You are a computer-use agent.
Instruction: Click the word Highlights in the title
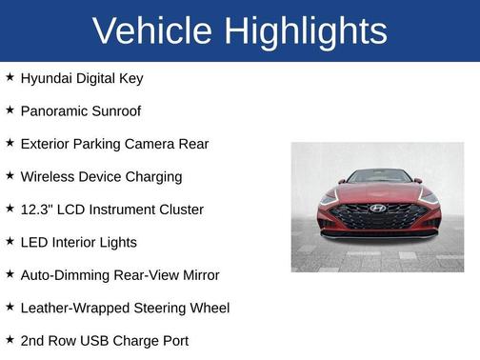click(x=308, y=31)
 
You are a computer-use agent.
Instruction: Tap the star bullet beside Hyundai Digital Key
click(x=10, y=77)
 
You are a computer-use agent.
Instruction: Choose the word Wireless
click(x=48, y=176)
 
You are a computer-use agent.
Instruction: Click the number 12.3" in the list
click(x=36, y=209)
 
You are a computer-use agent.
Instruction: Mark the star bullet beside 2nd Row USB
click(x=10, y=339)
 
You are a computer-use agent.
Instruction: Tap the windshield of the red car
click(x=378, y=177)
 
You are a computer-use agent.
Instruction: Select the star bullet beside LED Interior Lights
click(x=10, y=241)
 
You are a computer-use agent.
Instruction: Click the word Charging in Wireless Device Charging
click(x=152, y=176)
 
